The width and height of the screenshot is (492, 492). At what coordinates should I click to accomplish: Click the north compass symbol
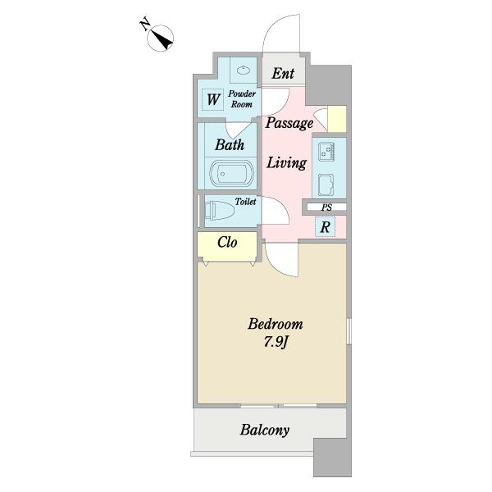[160, 38]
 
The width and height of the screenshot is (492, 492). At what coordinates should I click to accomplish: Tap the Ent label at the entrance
[283, 74]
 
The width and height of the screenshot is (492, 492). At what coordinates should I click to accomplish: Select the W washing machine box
[212, 99]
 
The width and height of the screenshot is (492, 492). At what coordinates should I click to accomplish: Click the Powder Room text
[242, 99]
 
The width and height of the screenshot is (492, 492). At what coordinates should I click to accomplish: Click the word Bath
[230, 144]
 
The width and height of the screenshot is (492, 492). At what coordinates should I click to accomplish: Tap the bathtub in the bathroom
[231, 173]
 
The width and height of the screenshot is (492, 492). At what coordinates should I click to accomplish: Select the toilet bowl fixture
[219, 210]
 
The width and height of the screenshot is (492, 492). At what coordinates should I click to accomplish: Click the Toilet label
[245, 202]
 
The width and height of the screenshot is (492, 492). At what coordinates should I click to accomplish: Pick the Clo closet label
[227, 242]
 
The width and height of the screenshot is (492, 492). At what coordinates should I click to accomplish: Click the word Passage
[289, 123]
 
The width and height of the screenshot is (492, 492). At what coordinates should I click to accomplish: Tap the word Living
[286, 163]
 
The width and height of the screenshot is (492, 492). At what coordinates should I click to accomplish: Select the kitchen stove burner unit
[326, 152]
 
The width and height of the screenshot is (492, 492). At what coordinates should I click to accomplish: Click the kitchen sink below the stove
[326, 184]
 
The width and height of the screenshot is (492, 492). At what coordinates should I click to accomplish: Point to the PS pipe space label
[326, 207]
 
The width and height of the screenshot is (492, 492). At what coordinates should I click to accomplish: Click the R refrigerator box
[325, 226]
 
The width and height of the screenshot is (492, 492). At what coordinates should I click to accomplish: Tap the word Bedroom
[276, 324]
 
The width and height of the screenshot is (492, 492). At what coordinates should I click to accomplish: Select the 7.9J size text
[276, 342]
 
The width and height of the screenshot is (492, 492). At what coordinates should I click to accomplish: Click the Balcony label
[265, 430]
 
